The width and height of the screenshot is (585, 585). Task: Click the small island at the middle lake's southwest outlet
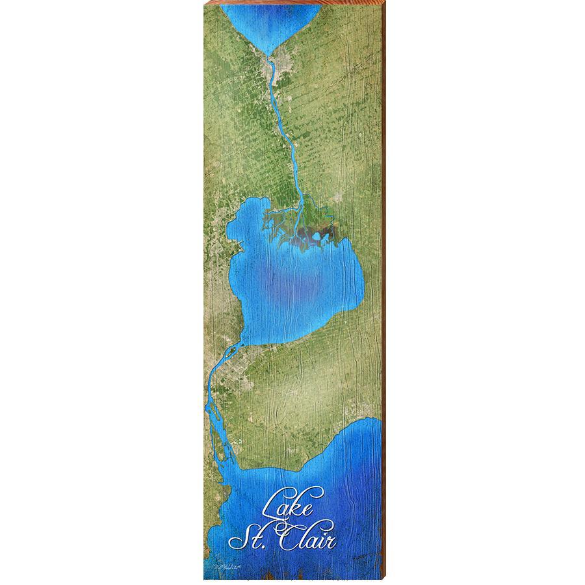tap(230, 353)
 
